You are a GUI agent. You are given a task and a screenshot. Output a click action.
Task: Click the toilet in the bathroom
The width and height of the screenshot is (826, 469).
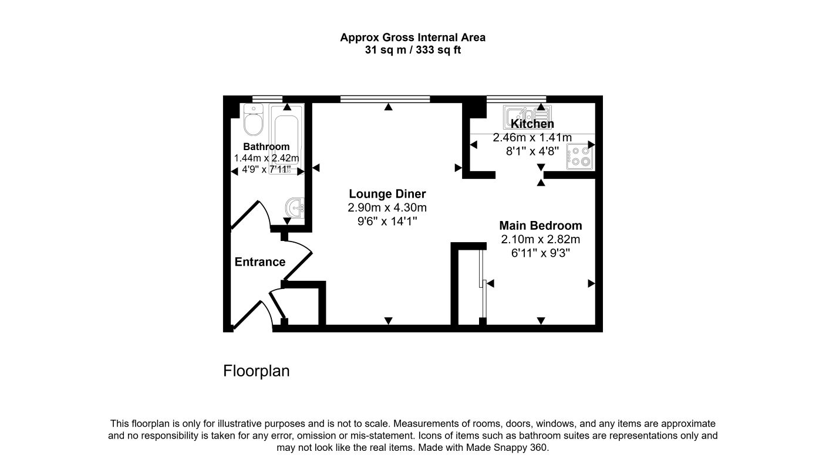tap(254, 120)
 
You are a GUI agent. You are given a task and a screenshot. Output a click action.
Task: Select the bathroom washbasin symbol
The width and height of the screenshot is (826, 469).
tap(295, 207)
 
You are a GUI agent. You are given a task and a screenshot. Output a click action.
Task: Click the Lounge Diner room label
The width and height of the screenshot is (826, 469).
tap(387, 194)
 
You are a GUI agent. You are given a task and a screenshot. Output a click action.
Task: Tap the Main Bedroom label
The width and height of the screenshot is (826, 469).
tap(540, 226)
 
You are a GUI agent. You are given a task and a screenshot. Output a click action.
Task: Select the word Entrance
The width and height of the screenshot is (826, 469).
tap(259, 262)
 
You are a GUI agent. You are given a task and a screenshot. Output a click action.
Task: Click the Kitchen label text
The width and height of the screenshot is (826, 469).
tap(532, 124)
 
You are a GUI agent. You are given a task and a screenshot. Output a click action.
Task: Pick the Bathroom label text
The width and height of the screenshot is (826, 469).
tap(266, 147)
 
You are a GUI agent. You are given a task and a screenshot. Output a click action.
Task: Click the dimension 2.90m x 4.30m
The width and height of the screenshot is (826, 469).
tap(387, 208)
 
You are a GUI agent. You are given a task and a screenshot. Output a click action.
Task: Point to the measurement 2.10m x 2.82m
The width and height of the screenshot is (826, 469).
tap(540, 239)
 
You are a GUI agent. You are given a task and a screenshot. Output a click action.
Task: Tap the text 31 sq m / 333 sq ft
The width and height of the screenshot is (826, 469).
tap(413, 50)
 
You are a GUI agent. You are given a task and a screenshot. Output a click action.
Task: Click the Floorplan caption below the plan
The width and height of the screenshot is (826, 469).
tap(256, 371)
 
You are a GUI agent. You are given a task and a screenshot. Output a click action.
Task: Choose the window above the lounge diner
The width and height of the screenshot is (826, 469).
tap(385, 98)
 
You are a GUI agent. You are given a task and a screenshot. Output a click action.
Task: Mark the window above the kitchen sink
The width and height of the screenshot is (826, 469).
tap(516, 98)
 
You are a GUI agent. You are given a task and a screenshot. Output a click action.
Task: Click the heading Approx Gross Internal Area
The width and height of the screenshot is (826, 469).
tap(413, 38)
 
